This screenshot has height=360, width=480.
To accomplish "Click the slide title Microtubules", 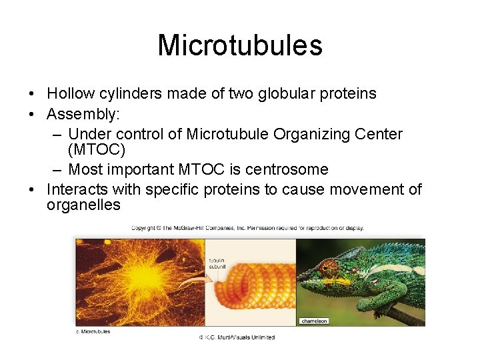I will tap(240, 45).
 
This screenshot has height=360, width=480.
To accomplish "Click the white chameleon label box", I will tap(314, 321).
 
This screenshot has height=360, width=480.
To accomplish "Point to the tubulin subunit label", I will tap(217, 263).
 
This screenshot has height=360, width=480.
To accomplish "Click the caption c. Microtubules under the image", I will tap(93, 331).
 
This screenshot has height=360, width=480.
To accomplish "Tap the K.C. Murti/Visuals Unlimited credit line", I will tap(237, 337).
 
